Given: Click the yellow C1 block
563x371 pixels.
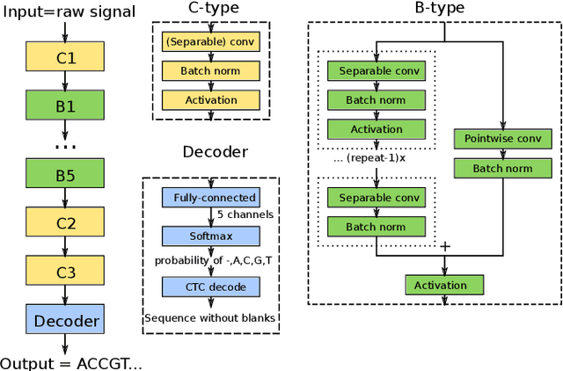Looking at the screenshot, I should click(x=67, y=59).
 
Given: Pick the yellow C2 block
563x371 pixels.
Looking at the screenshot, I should click(x=67, y=222).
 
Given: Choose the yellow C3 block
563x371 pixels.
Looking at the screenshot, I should click(x=67, y=273).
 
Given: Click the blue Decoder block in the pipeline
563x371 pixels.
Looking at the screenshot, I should click(x=67, y=321).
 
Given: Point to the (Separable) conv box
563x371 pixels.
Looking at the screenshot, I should click(x=210, y=41).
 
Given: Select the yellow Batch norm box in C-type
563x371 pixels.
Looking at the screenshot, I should click(x=210, y=71).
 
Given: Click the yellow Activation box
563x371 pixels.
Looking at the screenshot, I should click(x=210, y=100).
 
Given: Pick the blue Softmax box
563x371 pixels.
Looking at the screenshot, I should click(x=210, y=236).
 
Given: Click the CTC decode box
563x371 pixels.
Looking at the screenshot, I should click(x=210, y=287).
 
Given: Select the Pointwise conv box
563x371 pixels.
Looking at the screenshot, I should click(x=502, y=140).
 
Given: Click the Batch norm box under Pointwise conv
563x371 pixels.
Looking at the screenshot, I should click(x=502, y=169).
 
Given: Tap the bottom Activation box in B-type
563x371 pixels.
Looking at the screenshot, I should click(x=445, y=285).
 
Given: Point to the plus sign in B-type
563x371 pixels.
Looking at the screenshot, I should click(x=444, y=247).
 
